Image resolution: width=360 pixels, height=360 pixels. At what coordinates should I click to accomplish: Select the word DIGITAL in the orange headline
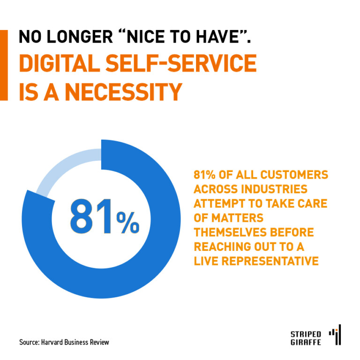61,65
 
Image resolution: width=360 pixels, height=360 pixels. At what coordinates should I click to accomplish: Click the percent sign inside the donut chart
128,223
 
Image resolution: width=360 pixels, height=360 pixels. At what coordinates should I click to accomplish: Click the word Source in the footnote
30,342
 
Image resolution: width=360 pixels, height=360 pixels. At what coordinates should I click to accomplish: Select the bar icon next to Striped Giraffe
336,335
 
